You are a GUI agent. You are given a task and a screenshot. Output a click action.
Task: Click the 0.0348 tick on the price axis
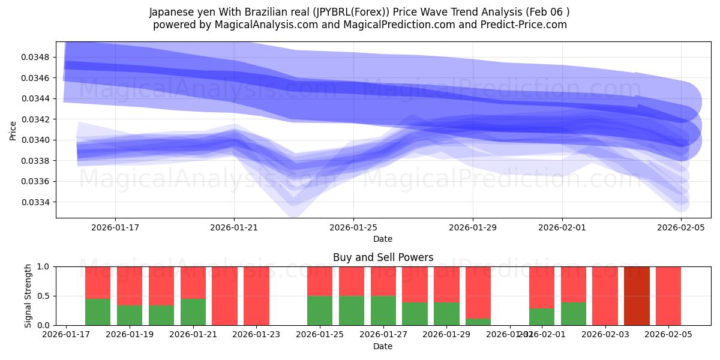(37, 57)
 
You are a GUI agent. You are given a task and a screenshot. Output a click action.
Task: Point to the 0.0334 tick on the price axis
(37, 202)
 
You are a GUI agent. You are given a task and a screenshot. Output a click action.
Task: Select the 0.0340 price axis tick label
(37, 140)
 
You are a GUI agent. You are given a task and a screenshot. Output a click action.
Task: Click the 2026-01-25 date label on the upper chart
(353, 227)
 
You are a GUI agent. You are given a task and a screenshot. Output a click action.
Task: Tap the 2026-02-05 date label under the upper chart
(681, 227)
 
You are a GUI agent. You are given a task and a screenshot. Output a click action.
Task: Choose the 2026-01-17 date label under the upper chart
(115, 227)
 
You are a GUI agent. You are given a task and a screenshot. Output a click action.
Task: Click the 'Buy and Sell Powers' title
(383, 257)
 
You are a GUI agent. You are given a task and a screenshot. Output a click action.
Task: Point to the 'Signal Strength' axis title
(28, 296)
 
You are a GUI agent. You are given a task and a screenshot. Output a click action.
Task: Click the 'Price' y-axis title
(13, 130)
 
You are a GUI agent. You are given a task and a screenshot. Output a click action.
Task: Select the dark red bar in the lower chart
(637, 296)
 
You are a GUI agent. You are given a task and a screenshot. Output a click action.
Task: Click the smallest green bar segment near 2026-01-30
(478, 322)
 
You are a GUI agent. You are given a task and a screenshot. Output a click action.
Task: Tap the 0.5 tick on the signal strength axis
(44, 296)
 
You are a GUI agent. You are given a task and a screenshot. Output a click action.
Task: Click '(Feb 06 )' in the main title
(548, 11)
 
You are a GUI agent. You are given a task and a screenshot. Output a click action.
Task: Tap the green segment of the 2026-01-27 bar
(383, 310)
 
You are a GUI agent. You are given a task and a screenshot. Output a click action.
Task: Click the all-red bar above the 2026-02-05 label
(668, 296)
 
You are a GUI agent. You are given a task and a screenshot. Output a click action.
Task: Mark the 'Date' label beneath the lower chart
(383, 346)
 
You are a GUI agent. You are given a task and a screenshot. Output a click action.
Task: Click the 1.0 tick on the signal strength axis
(44, 266)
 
